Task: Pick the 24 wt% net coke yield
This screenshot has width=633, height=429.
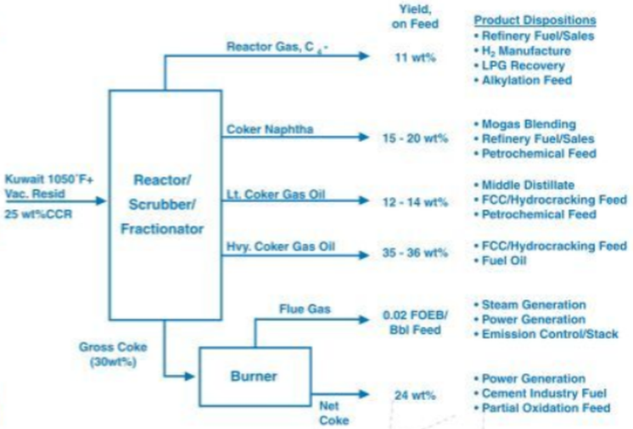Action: pos(415,395)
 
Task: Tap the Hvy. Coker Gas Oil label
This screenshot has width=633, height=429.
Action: pos(281,246)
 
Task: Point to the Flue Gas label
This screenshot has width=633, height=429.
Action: pos(305,308)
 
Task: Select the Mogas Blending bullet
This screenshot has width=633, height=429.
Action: pos(529,124)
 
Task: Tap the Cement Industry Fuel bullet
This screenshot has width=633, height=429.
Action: pos(541,393)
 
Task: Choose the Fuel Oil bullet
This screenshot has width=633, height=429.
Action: pos(506,261)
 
